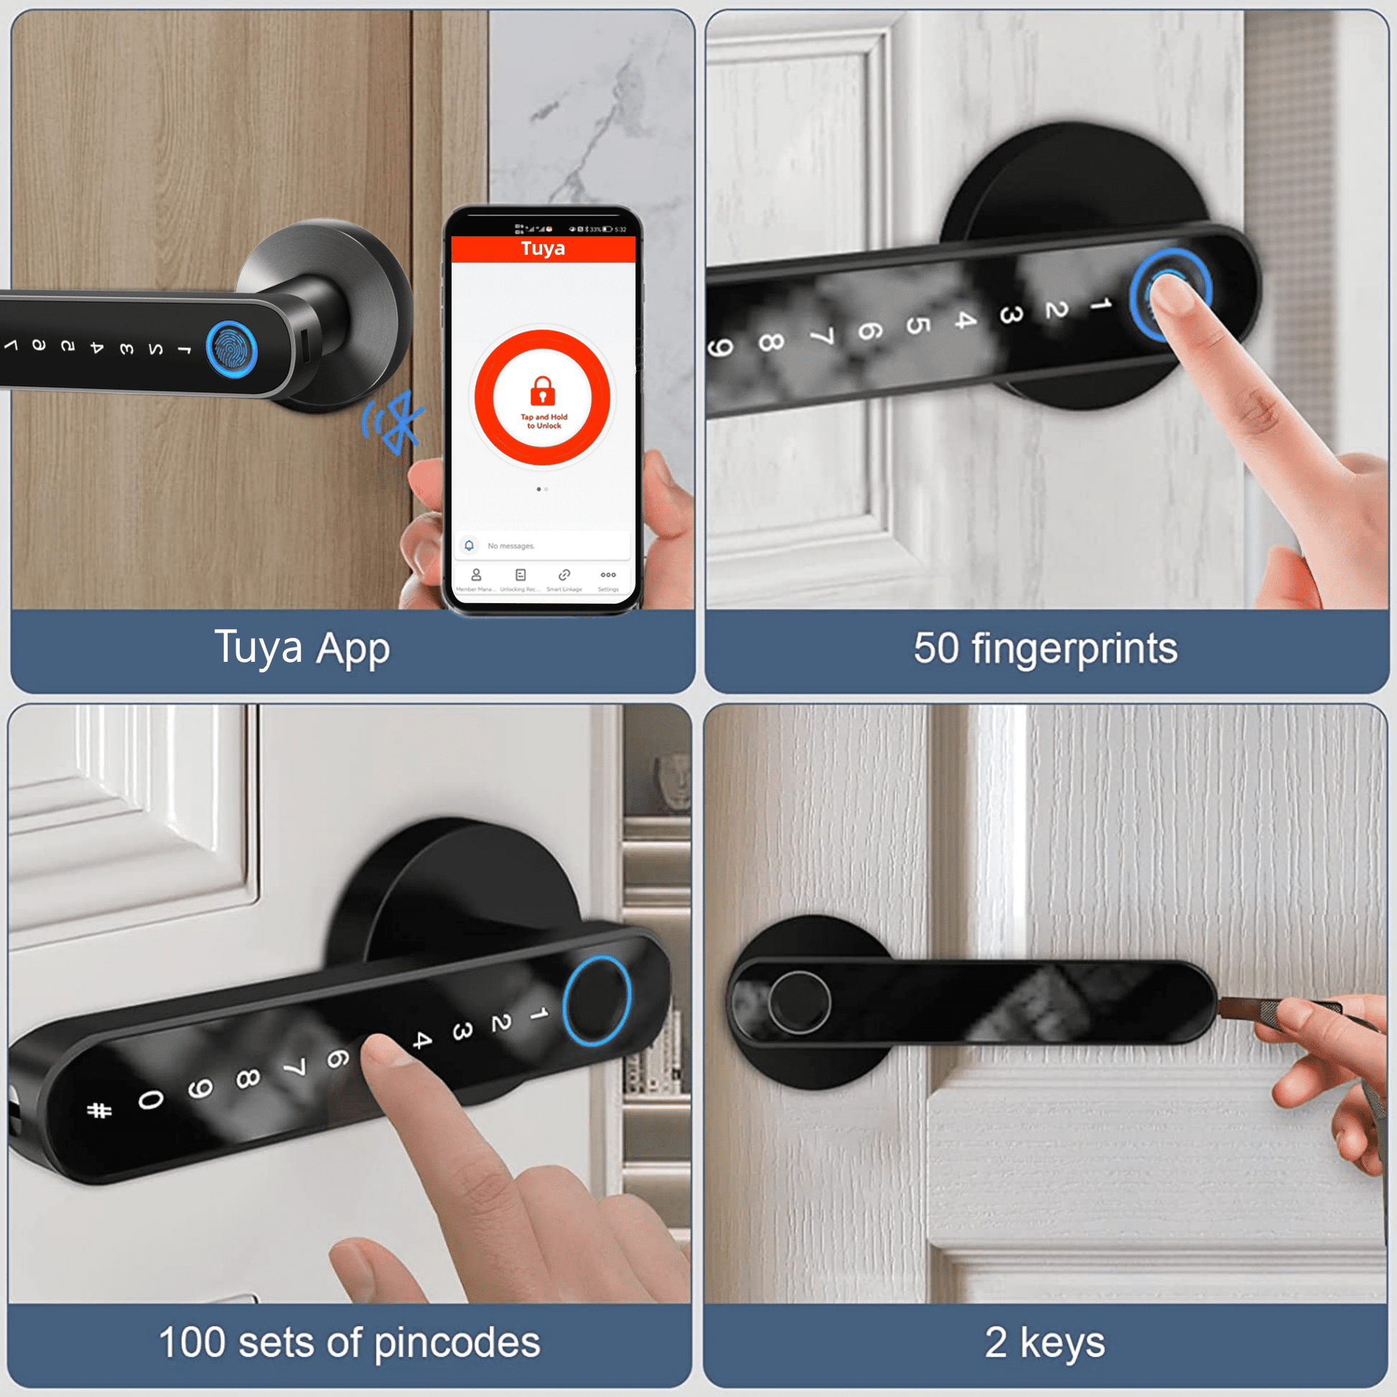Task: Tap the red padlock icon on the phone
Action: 542,391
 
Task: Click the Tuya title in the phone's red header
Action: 542,248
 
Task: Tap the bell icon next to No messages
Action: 469,545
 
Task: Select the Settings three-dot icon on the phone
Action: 608,575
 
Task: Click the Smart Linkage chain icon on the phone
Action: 564,575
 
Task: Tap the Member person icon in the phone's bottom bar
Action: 476,575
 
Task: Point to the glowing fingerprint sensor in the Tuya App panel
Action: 231,349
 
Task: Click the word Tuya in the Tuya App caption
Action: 258,647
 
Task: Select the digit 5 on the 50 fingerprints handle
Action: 916,324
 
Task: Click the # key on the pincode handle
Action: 99,1110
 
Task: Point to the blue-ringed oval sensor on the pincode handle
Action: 597,1001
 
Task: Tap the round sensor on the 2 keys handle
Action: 798,1002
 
